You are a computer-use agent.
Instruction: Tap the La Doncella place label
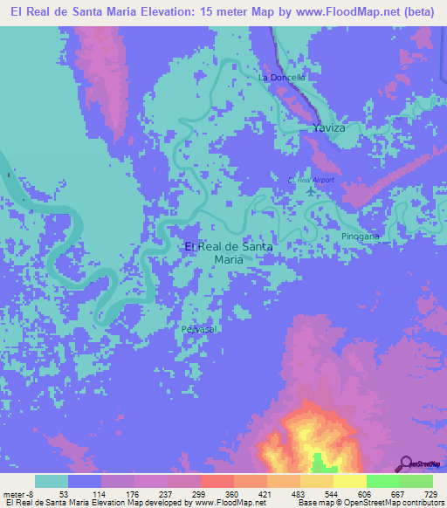[x=281, y=77]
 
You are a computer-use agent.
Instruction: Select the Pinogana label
[x=361, y=237]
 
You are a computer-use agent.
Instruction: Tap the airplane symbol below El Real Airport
[x=313, y=191]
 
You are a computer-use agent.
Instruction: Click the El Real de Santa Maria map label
[x=229, y=252]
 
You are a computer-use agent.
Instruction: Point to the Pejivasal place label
[x=199, y=329]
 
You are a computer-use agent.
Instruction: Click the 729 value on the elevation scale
[x=428, y=493]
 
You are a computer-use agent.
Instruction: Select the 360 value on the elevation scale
[x=217, y=493]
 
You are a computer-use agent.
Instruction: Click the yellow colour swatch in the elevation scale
[x=349, y=481]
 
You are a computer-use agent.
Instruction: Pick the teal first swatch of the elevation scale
[x=52, y=481]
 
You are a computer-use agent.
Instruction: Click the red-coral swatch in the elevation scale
[x=217, y=481]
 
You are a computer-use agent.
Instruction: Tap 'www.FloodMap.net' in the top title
[x=320, y=12]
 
